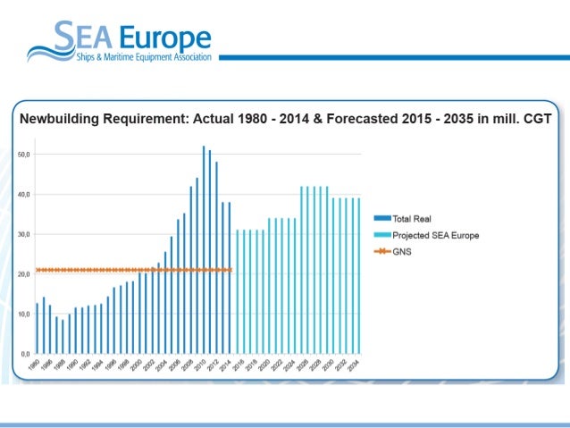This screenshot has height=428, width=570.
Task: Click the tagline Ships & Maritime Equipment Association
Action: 143,57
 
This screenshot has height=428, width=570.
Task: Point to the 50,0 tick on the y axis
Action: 23,154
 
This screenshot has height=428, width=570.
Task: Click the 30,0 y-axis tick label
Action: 23,234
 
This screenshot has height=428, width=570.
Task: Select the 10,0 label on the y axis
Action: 23,314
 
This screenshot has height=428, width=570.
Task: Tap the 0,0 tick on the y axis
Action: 25,354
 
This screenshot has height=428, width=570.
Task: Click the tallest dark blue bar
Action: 204,250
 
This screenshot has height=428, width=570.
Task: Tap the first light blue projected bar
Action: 236,291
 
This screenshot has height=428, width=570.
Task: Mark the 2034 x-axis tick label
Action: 356,365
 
